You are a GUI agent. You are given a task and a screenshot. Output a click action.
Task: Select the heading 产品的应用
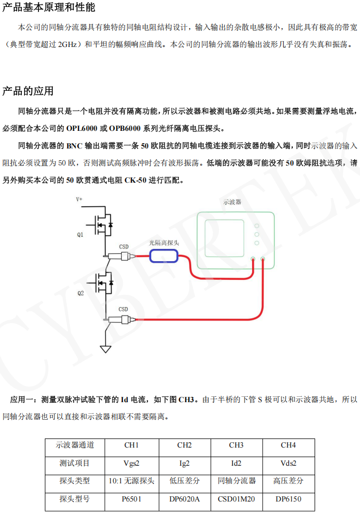[x=28, y=91]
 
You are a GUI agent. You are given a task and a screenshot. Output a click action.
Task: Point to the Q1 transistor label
[x=80, y=234]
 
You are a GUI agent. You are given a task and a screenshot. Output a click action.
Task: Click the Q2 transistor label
[x=80, y=293]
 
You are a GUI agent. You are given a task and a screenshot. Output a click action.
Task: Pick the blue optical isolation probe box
[x=163, y=256]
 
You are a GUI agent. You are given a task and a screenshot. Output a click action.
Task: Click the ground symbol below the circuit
[x=106, y=349]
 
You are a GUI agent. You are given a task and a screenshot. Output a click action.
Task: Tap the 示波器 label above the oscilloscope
[x=232, y=202]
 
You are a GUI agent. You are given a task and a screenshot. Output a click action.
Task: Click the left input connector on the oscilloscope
[x=253, y=260]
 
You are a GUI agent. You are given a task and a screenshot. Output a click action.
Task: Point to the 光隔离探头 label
[x=163, y=242]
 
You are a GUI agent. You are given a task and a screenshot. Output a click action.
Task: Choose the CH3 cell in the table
[x=236, y=445]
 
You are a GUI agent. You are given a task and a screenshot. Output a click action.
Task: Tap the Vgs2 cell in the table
[x=131, y=464]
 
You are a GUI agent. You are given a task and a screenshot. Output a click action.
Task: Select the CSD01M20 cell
[x=236, y=499]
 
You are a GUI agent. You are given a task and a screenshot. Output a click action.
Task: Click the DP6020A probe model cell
[x=184, y=499]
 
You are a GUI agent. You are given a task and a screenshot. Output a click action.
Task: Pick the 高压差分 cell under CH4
[x=288, y=481]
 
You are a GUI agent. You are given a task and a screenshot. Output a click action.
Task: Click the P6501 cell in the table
[x=131, y=499]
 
